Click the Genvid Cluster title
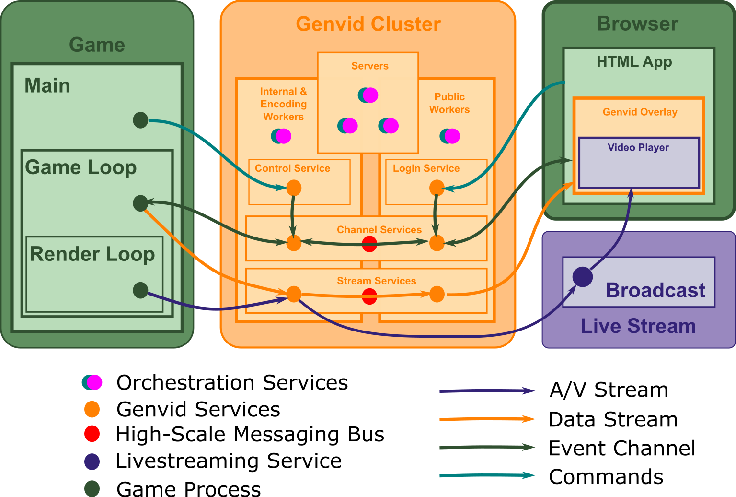[368, 24]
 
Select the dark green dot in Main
[140, 120]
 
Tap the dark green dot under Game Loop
[140, 203]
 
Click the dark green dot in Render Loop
[140, 290]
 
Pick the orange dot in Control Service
[294, 188]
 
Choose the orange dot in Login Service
[437, 188]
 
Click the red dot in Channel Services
[369, 244]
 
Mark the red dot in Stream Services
[369, 296]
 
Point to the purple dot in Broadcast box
[583, 277]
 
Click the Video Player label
[638, 148]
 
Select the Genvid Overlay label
[640, 112]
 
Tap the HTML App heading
[634, 62]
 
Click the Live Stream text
[638, 326]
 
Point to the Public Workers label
[449, 103]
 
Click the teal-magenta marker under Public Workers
[450, 136]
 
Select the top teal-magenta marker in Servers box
[368, 95]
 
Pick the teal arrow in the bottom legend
[487, 475]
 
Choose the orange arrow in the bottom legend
[487, 419]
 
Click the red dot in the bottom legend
[92, 434]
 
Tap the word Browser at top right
[637, 24]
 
